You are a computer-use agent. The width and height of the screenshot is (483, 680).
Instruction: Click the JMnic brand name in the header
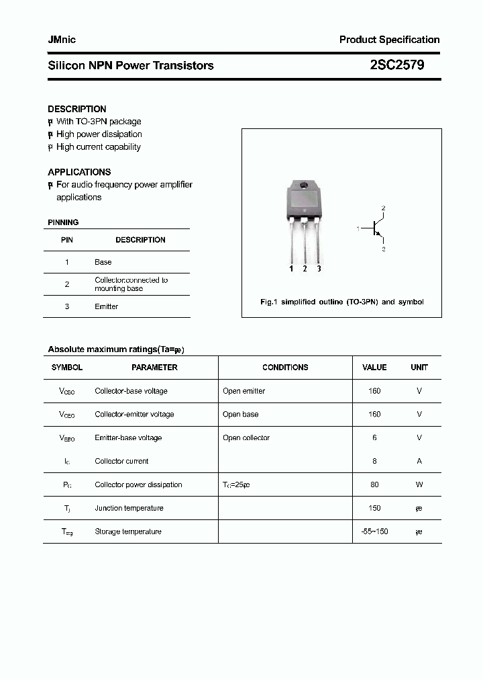click(x=62, y=40)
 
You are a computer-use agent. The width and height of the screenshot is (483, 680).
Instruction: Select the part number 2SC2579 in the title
click(x=396, y=65)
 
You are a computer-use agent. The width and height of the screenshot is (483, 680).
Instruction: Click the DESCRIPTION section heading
click(x=76, y=109)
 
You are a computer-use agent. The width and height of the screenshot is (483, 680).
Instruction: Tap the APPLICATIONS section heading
click(x=79, y=172)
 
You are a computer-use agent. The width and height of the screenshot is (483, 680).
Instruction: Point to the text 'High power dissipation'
click(x=99, y=134)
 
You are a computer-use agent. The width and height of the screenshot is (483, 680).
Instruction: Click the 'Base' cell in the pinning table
click(x=103, y=262)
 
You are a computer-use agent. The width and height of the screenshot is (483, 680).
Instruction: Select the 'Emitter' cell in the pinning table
click(x=106, y=306)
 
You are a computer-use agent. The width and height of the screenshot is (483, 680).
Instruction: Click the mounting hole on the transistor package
click(x=303, y=185)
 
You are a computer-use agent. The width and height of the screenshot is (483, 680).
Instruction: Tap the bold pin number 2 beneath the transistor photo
click(x=305, y=269)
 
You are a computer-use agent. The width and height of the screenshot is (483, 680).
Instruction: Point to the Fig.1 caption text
click(x=341, y=302)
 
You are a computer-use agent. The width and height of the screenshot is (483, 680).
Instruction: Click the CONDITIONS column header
click(x=285, y=368)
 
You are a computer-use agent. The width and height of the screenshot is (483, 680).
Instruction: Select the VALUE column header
click(x=374, y=368)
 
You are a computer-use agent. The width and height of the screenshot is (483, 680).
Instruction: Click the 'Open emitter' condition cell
click(x=244, y=391)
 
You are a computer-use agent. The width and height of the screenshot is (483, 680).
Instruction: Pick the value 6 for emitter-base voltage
click(x=374, y=438)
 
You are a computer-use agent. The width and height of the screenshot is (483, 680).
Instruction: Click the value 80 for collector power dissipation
click(x=374, y=485)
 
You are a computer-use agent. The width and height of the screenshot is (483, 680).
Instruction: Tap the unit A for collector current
click(x=419, y=462)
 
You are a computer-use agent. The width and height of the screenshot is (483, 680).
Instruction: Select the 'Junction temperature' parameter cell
click(x=129, y=509)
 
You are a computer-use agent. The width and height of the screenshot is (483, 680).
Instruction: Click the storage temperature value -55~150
click(x=374, y=532)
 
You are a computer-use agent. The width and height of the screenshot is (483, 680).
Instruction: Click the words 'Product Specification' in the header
click(x=389, y=40)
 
